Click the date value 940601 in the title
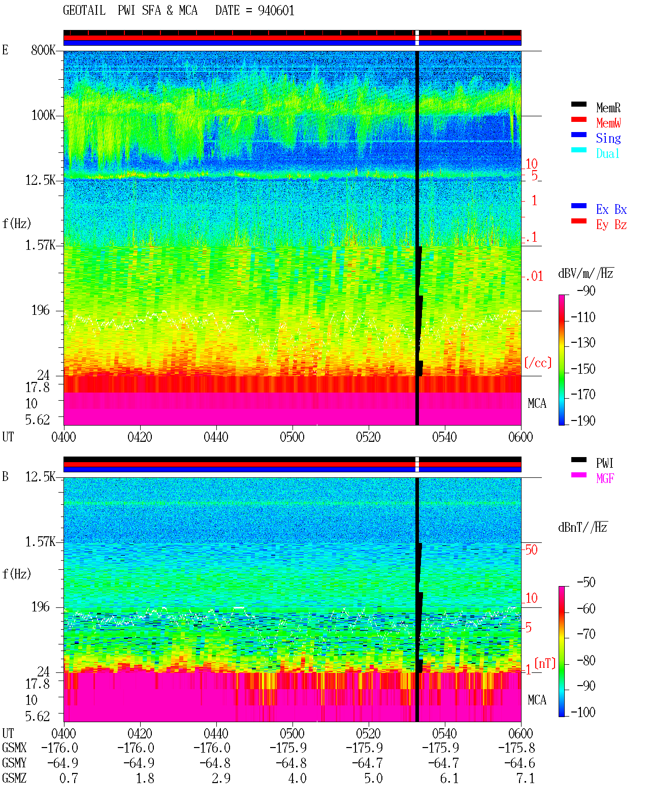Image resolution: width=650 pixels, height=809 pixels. [276, 11]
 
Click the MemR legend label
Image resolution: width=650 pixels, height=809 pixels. [608, 108]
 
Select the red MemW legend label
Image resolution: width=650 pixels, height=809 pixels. [608, 123]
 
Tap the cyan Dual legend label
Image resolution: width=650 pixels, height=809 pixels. [608, 153]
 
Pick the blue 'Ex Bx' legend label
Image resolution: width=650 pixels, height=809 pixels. [611, 209]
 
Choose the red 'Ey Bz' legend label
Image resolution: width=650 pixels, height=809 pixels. [611, 225]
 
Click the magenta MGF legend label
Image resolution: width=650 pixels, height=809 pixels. [605, 478]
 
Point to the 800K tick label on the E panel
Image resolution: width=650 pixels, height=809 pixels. [43, 50]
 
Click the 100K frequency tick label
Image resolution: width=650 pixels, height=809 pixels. [43, 115]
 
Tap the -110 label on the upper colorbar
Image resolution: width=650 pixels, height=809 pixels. [583, 317]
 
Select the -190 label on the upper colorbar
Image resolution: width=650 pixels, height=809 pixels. [583, 420]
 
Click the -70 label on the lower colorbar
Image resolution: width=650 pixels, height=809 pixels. [586, 634]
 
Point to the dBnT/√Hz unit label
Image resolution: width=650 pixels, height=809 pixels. [583, 528]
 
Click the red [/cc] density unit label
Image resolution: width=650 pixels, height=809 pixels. [538, 363]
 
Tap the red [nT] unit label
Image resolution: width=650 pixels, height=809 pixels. [545, 663]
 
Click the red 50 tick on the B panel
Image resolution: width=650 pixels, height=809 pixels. [531, 550]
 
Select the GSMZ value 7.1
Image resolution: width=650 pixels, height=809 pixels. [525, 778]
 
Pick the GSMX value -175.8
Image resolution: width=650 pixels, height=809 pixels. [516, 748]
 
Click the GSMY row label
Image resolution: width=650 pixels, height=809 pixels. [14, 763]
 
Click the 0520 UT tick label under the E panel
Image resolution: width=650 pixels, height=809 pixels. [369, 437]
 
